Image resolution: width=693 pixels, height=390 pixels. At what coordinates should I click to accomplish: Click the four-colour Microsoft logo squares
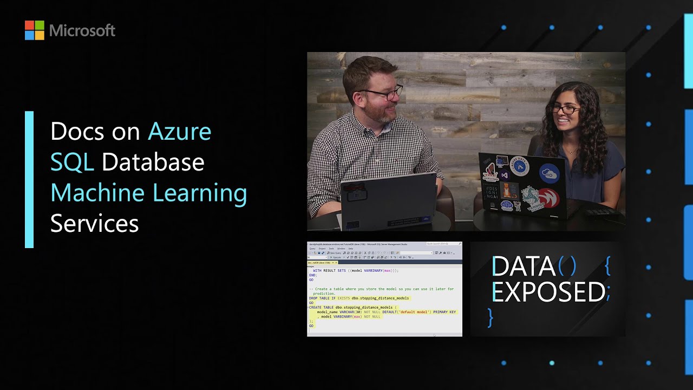click(34, 30)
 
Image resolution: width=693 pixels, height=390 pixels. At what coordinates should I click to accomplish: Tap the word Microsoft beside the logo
click(82, 30)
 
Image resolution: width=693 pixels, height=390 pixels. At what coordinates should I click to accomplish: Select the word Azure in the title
click(179, 131)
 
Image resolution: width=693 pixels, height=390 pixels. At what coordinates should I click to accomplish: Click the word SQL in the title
click(72, 162)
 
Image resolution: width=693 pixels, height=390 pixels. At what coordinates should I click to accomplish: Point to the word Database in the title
click(153, 162)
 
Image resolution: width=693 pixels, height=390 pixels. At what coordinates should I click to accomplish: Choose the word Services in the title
click(95, 224)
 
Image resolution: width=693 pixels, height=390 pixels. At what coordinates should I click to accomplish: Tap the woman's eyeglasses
click(565, 110)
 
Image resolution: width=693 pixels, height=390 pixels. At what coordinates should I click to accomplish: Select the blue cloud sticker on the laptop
click(549, 173)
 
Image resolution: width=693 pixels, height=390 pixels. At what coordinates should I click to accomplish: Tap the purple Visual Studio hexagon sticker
click(505, 175)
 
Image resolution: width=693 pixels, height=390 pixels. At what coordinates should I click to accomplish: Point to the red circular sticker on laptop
click(548, 199)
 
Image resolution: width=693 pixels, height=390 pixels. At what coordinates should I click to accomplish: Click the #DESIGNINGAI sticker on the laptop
click(491, 192)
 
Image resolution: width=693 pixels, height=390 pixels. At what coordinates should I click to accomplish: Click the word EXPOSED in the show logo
click(548, 292)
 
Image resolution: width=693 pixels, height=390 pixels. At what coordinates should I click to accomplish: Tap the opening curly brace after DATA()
click(607, 265)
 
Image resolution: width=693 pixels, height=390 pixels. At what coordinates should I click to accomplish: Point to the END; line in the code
click(313, 275)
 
